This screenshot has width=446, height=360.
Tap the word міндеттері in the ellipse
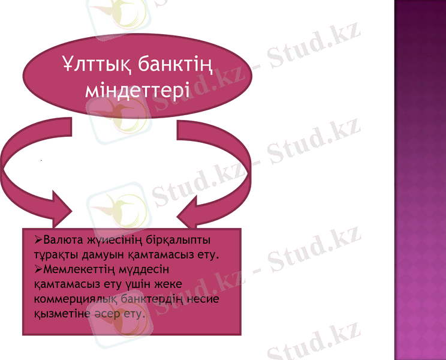coord(137,91)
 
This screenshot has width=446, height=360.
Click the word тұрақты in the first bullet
coord(55,256)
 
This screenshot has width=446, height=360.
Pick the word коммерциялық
coord(77,299)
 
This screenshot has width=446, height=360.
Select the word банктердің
coord(153,299)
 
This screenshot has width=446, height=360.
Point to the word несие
coord(204,299)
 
